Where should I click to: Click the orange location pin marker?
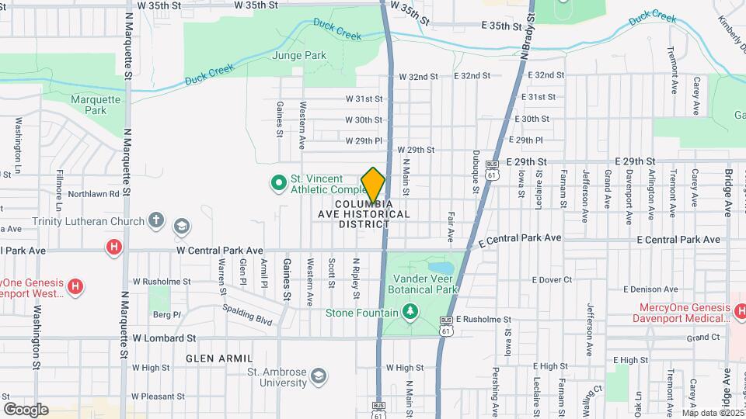tap(374, 185)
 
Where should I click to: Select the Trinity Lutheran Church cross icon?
tap(157, 221)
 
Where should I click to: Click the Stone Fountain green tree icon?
tap(410, 312)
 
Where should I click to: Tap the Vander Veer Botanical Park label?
tap(425, 284)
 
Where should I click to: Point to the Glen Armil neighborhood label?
tap(219, 358)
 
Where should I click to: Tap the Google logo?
tap(26, 409)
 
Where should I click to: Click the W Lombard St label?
tap(163, 338)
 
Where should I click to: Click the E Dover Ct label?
tap(552, 279)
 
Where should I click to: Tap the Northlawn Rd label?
tap(93, 194)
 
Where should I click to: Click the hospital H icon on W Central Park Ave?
tap(114, 248)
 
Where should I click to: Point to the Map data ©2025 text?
tap(711, 412)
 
